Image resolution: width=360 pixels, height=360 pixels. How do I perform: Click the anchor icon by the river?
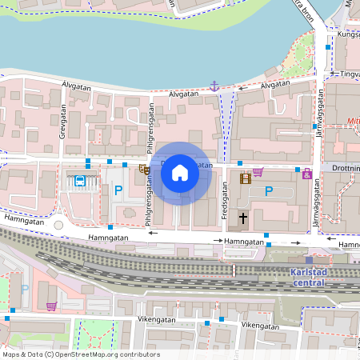[214, 85]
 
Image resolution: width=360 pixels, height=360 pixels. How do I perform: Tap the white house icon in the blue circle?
[180, 172]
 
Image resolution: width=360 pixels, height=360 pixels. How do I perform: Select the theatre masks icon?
[144, 169]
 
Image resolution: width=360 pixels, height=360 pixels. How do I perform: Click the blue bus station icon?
[80, 181]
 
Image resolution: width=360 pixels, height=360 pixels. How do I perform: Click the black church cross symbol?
[243, 218]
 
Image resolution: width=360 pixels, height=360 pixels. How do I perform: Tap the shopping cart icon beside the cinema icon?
[258, 171]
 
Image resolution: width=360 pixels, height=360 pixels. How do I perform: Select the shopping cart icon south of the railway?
[51, 306]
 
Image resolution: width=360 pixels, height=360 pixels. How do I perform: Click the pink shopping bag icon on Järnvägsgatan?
[306, 173]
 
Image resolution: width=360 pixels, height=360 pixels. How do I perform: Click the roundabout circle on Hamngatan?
[58, 225]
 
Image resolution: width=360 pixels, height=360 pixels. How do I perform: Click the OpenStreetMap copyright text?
[81, 354]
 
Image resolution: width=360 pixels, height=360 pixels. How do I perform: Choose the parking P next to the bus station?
[118, 191]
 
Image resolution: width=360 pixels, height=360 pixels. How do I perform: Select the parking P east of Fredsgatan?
[269, 191]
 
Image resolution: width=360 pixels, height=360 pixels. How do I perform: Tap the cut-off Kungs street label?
[349, 34]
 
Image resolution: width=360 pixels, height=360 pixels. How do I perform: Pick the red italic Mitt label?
[351, 123]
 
